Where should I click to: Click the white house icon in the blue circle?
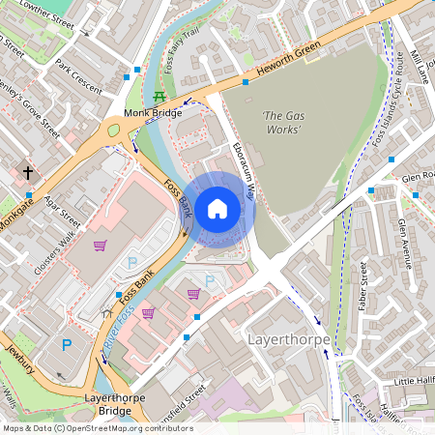(217, 207)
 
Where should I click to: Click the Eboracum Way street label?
(243, 170)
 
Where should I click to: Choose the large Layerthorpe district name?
(289, 340)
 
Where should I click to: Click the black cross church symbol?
(28, 173)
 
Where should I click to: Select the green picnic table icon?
(159, 98)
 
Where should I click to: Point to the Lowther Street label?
(39, 14)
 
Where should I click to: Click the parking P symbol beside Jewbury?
(67, 344)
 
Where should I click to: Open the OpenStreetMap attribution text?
(97, 427)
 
